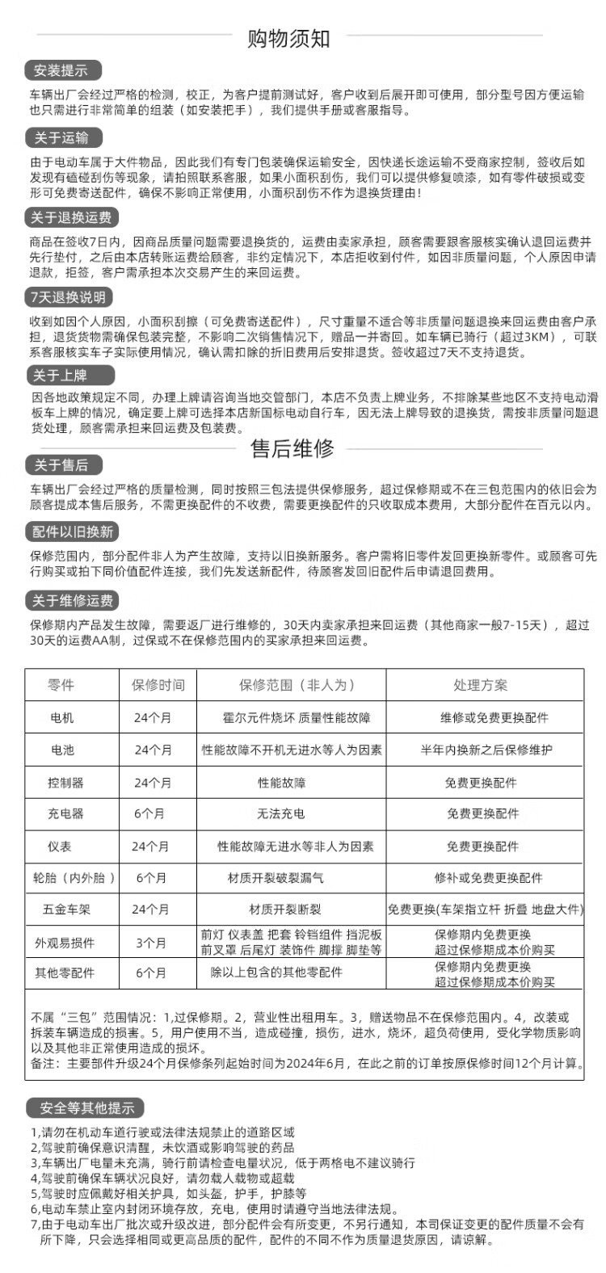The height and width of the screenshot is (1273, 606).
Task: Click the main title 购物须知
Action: pos(288,37)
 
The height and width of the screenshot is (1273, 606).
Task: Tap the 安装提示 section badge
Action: pos(61,69)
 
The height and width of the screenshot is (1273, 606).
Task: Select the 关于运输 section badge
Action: pos(61,137)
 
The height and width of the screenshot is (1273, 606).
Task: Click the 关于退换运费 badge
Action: pos(72,217)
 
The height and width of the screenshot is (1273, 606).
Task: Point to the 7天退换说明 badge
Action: pos(69,297)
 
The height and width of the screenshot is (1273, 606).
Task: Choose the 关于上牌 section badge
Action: pos(61,376)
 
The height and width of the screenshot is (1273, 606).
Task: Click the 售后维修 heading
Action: pos(292,448)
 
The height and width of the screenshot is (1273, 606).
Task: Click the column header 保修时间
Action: pos(158,685)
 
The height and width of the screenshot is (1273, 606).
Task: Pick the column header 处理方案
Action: pos(481,685)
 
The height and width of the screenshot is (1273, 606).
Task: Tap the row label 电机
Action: pos(61,717)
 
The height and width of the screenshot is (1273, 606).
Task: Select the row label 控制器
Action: pos(65,783)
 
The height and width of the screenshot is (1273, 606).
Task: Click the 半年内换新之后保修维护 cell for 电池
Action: pos(486,750)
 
